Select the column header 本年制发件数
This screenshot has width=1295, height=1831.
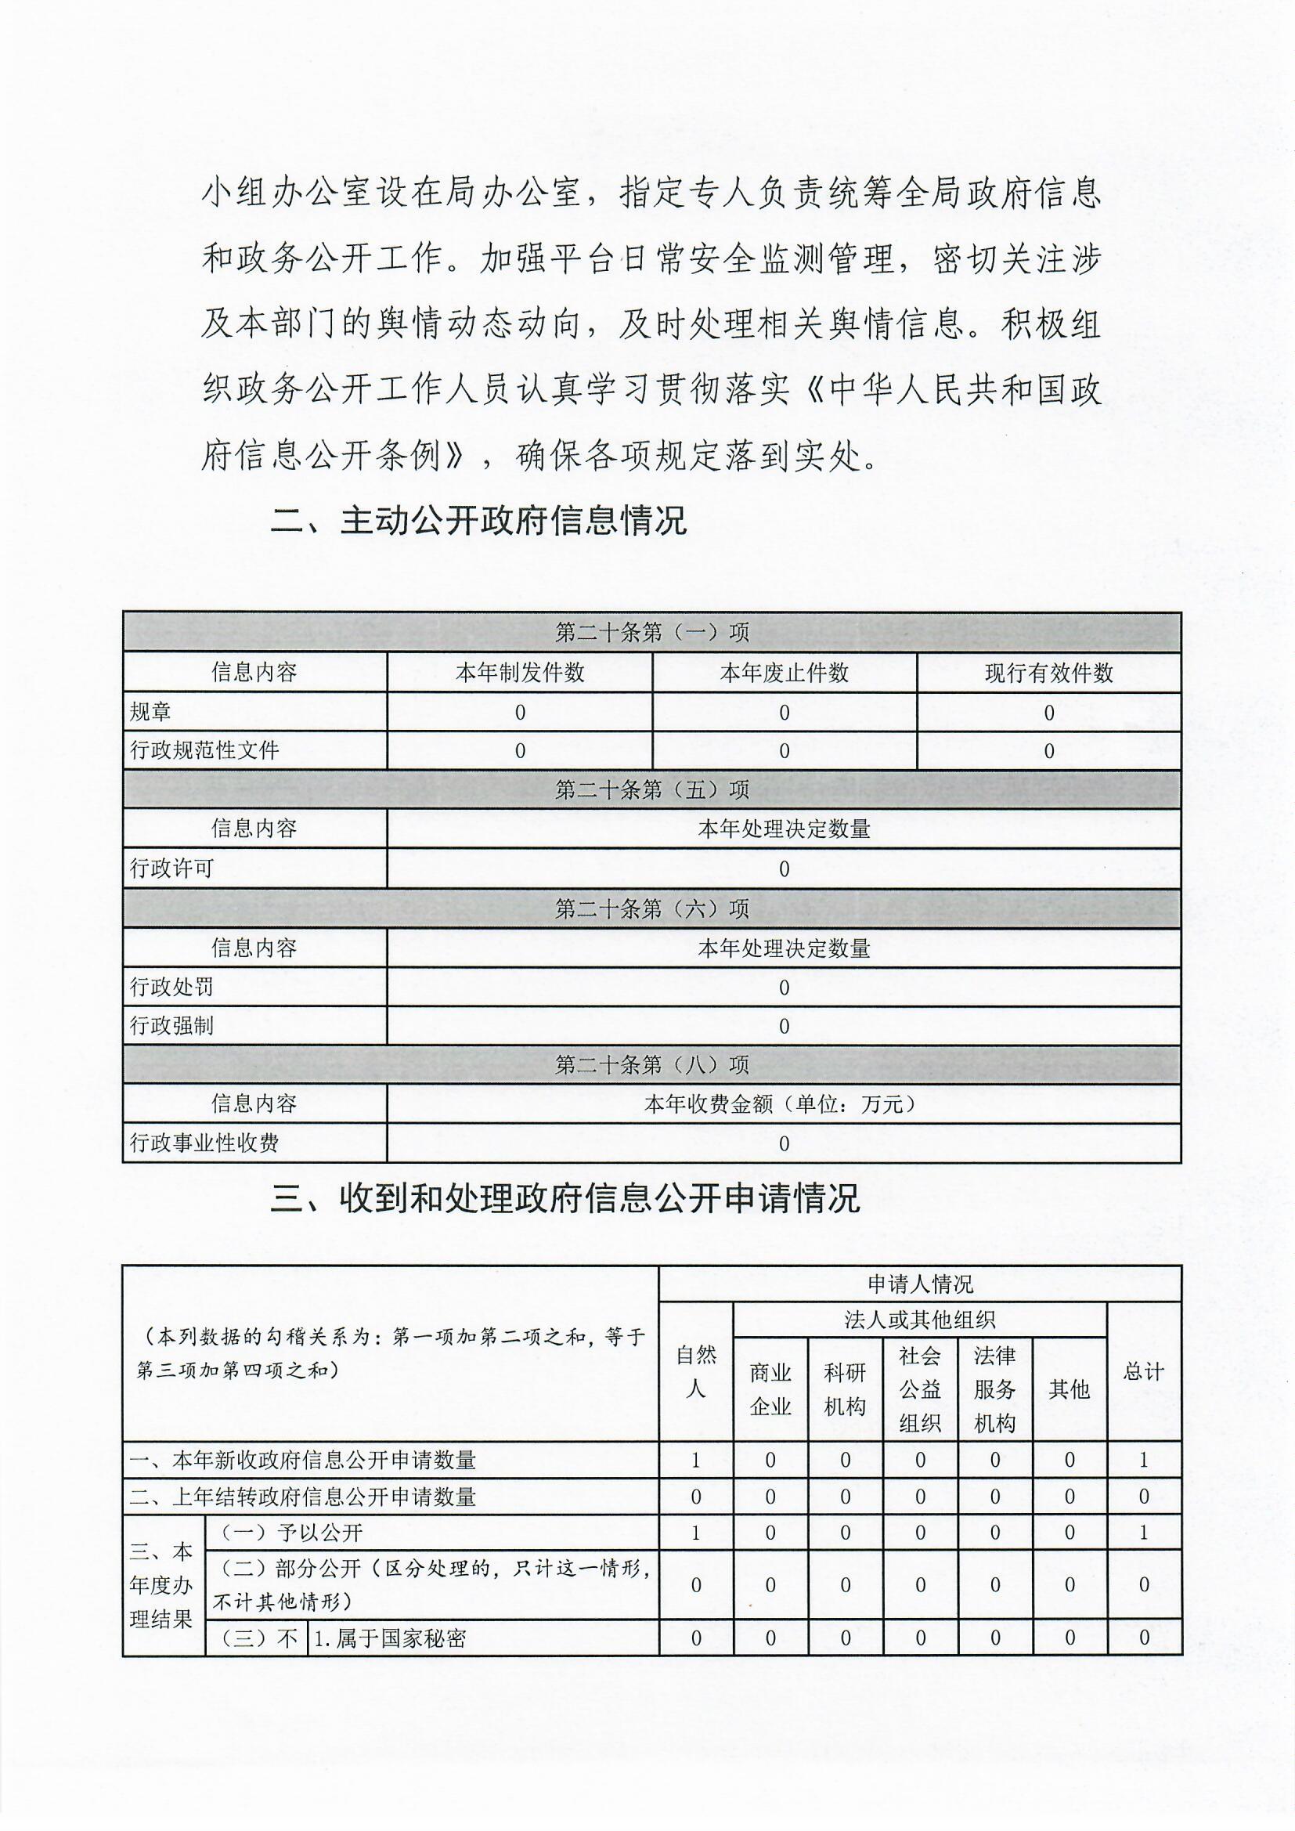(x=520, y=672)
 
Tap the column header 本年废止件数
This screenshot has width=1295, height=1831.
(x=784, y=672)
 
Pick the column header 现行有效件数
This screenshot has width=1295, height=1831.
(x=1048, y=672)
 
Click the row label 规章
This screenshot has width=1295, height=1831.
(x=150, y=711)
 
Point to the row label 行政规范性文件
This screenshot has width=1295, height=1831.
(x=205, y=749)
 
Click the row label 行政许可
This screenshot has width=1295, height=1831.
(x=172, y=868)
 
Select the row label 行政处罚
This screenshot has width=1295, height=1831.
(x=172, y=987)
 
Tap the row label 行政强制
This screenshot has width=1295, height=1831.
(x=172, y=1025)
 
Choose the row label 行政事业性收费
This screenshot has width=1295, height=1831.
(x=205, y=1143)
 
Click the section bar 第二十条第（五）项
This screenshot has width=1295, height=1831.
(x=651, y=789)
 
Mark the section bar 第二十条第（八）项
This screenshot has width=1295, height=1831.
(x=651, y=1064)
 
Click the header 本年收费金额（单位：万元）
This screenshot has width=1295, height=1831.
(x=783, y=1103)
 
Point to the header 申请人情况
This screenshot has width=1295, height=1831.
(x=919, y=1284)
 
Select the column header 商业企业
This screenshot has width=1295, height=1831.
(x=770, y=1389)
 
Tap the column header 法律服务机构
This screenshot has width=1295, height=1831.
(x=994, y=1389)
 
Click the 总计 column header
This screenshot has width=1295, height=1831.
(x=1143, y=1371)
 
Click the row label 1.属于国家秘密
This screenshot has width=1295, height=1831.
(x=391, y=1638)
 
